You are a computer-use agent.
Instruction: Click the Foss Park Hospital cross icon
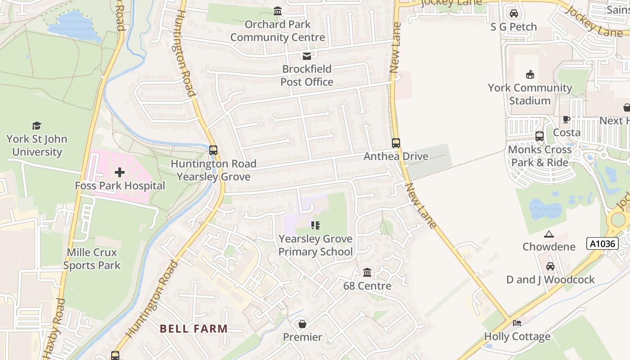[120, 172]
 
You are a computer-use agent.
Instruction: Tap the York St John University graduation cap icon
[36, 126]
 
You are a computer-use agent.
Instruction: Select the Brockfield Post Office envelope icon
[306, 56]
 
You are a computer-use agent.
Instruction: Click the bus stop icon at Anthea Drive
[396, 143]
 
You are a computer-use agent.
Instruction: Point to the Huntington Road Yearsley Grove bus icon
[213, 150]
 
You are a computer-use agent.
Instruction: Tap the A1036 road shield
[603, 244]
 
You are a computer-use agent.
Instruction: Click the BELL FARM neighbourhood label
[194, 328]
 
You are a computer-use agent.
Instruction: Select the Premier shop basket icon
[302, 324]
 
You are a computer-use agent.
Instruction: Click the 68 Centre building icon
[367, 273]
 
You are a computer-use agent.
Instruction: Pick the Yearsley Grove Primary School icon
[315, 225]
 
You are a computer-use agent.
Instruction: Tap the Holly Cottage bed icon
[517, 323]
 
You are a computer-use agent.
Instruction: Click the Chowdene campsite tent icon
[549, 234]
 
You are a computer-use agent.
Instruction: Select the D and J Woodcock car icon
[550, 266]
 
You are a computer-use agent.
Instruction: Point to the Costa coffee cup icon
[567, 120]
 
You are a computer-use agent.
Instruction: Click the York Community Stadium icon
[530, 75]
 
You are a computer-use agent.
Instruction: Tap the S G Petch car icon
[513, 13]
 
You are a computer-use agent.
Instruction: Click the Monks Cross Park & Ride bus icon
[539, 136]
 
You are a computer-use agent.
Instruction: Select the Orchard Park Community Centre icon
[278, 11]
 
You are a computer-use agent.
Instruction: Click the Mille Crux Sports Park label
[92, 259]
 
